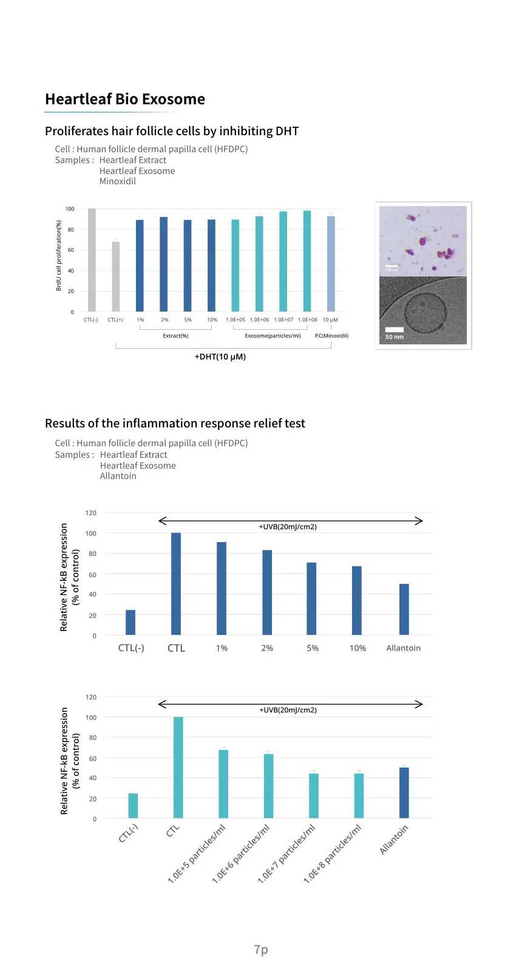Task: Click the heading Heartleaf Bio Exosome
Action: (125, 99)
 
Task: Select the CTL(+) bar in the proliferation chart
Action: (115, 276)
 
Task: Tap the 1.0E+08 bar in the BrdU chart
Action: (307, 261)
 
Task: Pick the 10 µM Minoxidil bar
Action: (331, 264)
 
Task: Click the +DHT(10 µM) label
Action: (220, 357)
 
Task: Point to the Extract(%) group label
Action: (175, 336)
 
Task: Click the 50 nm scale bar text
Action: (395, 337)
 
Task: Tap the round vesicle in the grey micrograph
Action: (425, 312)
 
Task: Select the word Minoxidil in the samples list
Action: (118, 181)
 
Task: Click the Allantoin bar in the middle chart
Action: (404, 609)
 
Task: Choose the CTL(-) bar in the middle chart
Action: (130, 622)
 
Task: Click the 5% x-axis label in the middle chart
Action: (312, 648)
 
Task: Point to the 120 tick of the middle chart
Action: (90, 513)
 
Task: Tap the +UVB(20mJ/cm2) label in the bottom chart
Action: (288, 710)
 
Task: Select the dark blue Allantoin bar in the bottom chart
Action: (404, 792)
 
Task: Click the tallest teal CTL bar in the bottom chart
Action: (178, 768)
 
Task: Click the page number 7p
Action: (261, 949)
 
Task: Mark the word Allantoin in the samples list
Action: (118, 476)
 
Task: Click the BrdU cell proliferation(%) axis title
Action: (59, 255)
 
